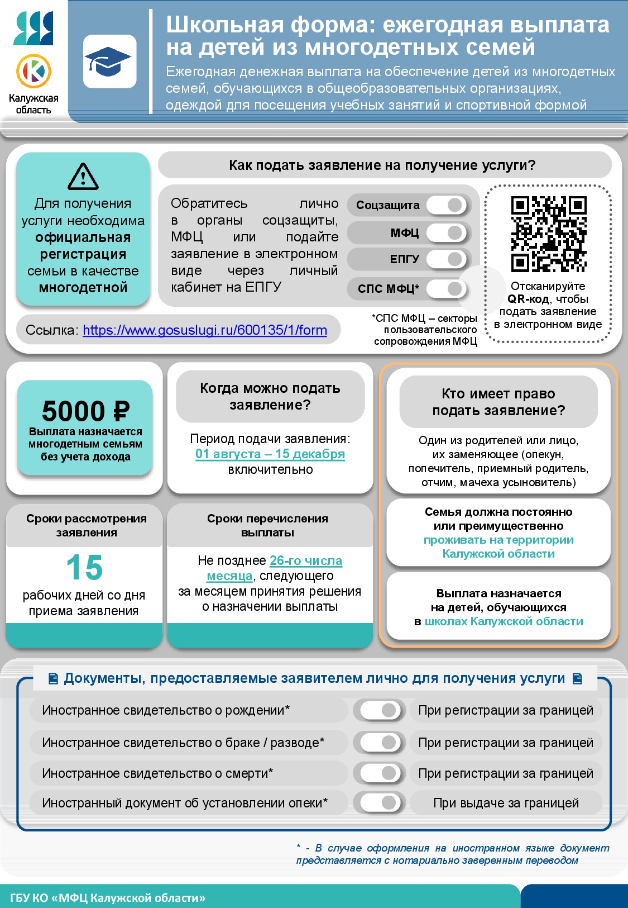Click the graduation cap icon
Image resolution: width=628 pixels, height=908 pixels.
(109, 61)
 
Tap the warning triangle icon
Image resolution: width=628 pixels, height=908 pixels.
(83, 177)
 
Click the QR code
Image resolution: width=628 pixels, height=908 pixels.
(549, 234)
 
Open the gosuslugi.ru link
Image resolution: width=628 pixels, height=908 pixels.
(205, 330)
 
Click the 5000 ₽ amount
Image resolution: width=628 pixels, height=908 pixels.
(85, 412)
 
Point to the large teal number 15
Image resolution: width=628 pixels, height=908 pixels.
(84, 568)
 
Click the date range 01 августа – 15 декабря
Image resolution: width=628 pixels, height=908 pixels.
(270, 454)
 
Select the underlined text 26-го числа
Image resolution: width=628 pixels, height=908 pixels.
(306, 560)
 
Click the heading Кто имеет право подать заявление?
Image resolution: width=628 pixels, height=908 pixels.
(498, 402)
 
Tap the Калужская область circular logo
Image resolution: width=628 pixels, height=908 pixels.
(33, 71)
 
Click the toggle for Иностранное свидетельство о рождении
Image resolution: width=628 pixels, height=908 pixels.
(380, 710)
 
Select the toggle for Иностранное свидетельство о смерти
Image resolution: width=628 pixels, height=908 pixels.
(380, 773)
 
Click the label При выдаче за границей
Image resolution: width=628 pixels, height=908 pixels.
(506, 803)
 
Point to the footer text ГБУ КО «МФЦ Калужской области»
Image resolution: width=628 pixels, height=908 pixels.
(108, 898)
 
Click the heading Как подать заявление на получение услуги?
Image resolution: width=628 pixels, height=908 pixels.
(382, 165)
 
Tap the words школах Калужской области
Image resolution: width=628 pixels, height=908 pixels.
(504, 621)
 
